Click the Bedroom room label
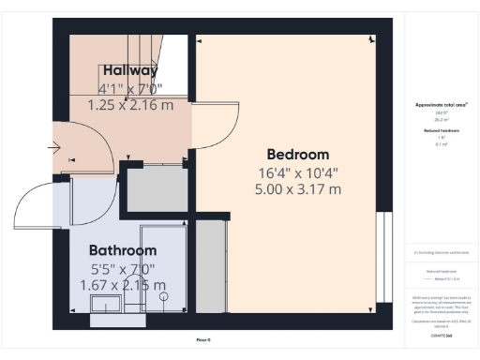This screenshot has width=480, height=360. (x=298, y=155)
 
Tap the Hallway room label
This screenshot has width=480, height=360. (x=130, y=70)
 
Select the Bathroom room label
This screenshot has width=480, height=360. (x=123, y=250)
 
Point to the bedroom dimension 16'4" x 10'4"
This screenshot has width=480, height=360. (x=298, y=172)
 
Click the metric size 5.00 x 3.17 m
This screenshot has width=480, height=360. (x=298, y=189)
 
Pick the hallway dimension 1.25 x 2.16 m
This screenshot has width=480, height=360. (x=130, y=105)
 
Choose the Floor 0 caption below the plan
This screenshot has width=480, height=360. (x=202, y=339)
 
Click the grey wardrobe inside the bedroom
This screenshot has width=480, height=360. (x=211, y=258)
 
